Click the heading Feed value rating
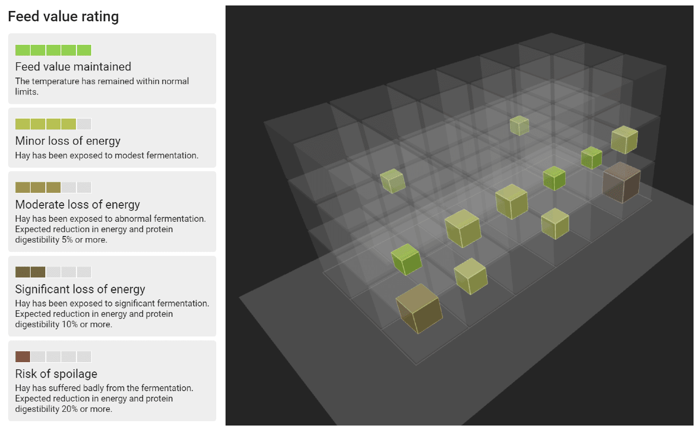(x=63, y=17)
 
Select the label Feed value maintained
(x=73, y=67)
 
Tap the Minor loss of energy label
(x=68, y=141)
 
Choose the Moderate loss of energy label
(x=78, y=205)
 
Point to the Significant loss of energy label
(x=80, y=290)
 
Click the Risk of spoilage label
(x=56, y=374)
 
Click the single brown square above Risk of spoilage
(x=22, y=357)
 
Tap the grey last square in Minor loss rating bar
(x=84, y=124)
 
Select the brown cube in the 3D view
(x=621, y=182)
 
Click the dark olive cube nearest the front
(x=419, y=309)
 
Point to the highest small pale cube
(x=519, y=126)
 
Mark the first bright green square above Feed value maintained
(x=22, y=50)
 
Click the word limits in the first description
(x=26, y=91)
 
